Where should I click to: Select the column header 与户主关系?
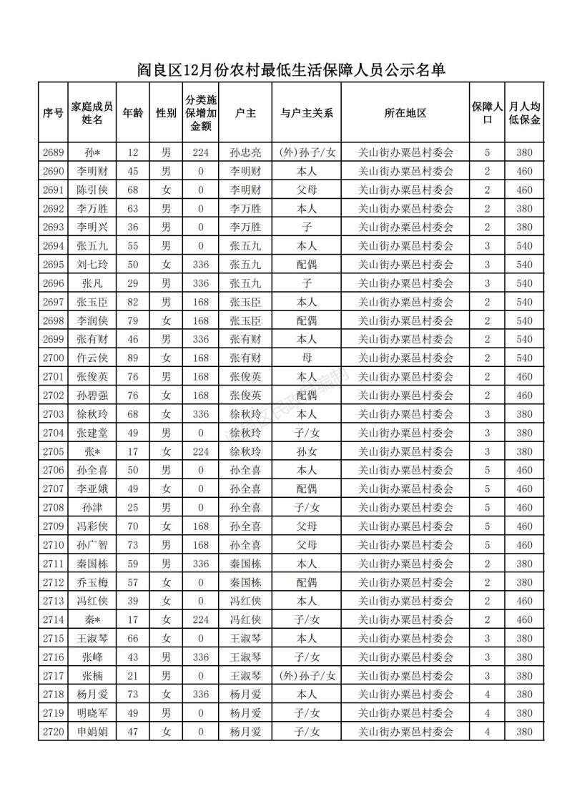tap(307, 113)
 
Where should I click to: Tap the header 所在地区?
tap(405, 113)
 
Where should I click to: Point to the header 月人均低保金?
tap(525, 113)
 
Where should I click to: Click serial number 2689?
tap(54, 152)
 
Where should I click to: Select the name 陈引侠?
tap(92, 190)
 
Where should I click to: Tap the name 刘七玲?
tap(92, 265)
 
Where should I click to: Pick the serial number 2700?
tap(54, 358)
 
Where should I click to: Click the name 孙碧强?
tap(92, 396)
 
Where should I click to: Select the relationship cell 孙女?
tap(307, 451)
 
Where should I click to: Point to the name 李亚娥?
tap(92, 489)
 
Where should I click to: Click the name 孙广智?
tap(92, 545)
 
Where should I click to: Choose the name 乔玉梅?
tap(92, 582)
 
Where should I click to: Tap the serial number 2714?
tap(54, 619)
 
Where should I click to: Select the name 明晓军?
tap(92, 713)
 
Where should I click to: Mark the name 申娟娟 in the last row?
tap(92, 732)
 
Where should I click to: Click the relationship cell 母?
tap(307, 358)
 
